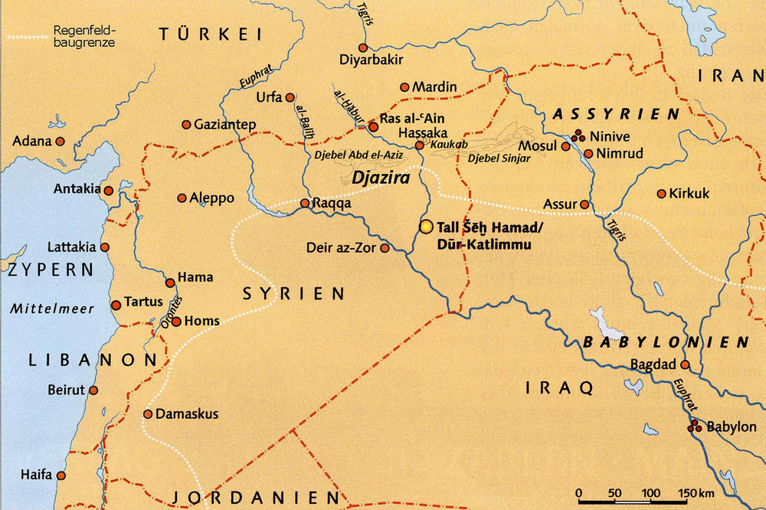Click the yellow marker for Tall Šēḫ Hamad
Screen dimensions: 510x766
427,227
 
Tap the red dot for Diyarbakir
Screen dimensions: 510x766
363,47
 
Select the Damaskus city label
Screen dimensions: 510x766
186,414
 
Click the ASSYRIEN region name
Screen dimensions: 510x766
616,114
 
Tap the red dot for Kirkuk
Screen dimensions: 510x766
661,194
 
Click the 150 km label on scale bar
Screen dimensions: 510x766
693,492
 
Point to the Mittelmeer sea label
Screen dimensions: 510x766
53,309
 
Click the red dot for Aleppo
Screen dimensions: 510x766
182,198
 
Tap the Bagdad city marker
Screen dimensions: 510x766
685,365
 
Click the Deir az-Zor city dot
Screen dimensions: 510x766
385,248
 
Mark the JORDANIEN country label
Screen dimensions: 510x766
254,497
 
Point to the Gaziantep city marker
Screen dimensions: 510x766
185,125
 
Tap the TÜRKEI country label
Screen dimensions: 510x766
210,34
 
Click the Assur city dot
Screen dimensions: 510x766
584,204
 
